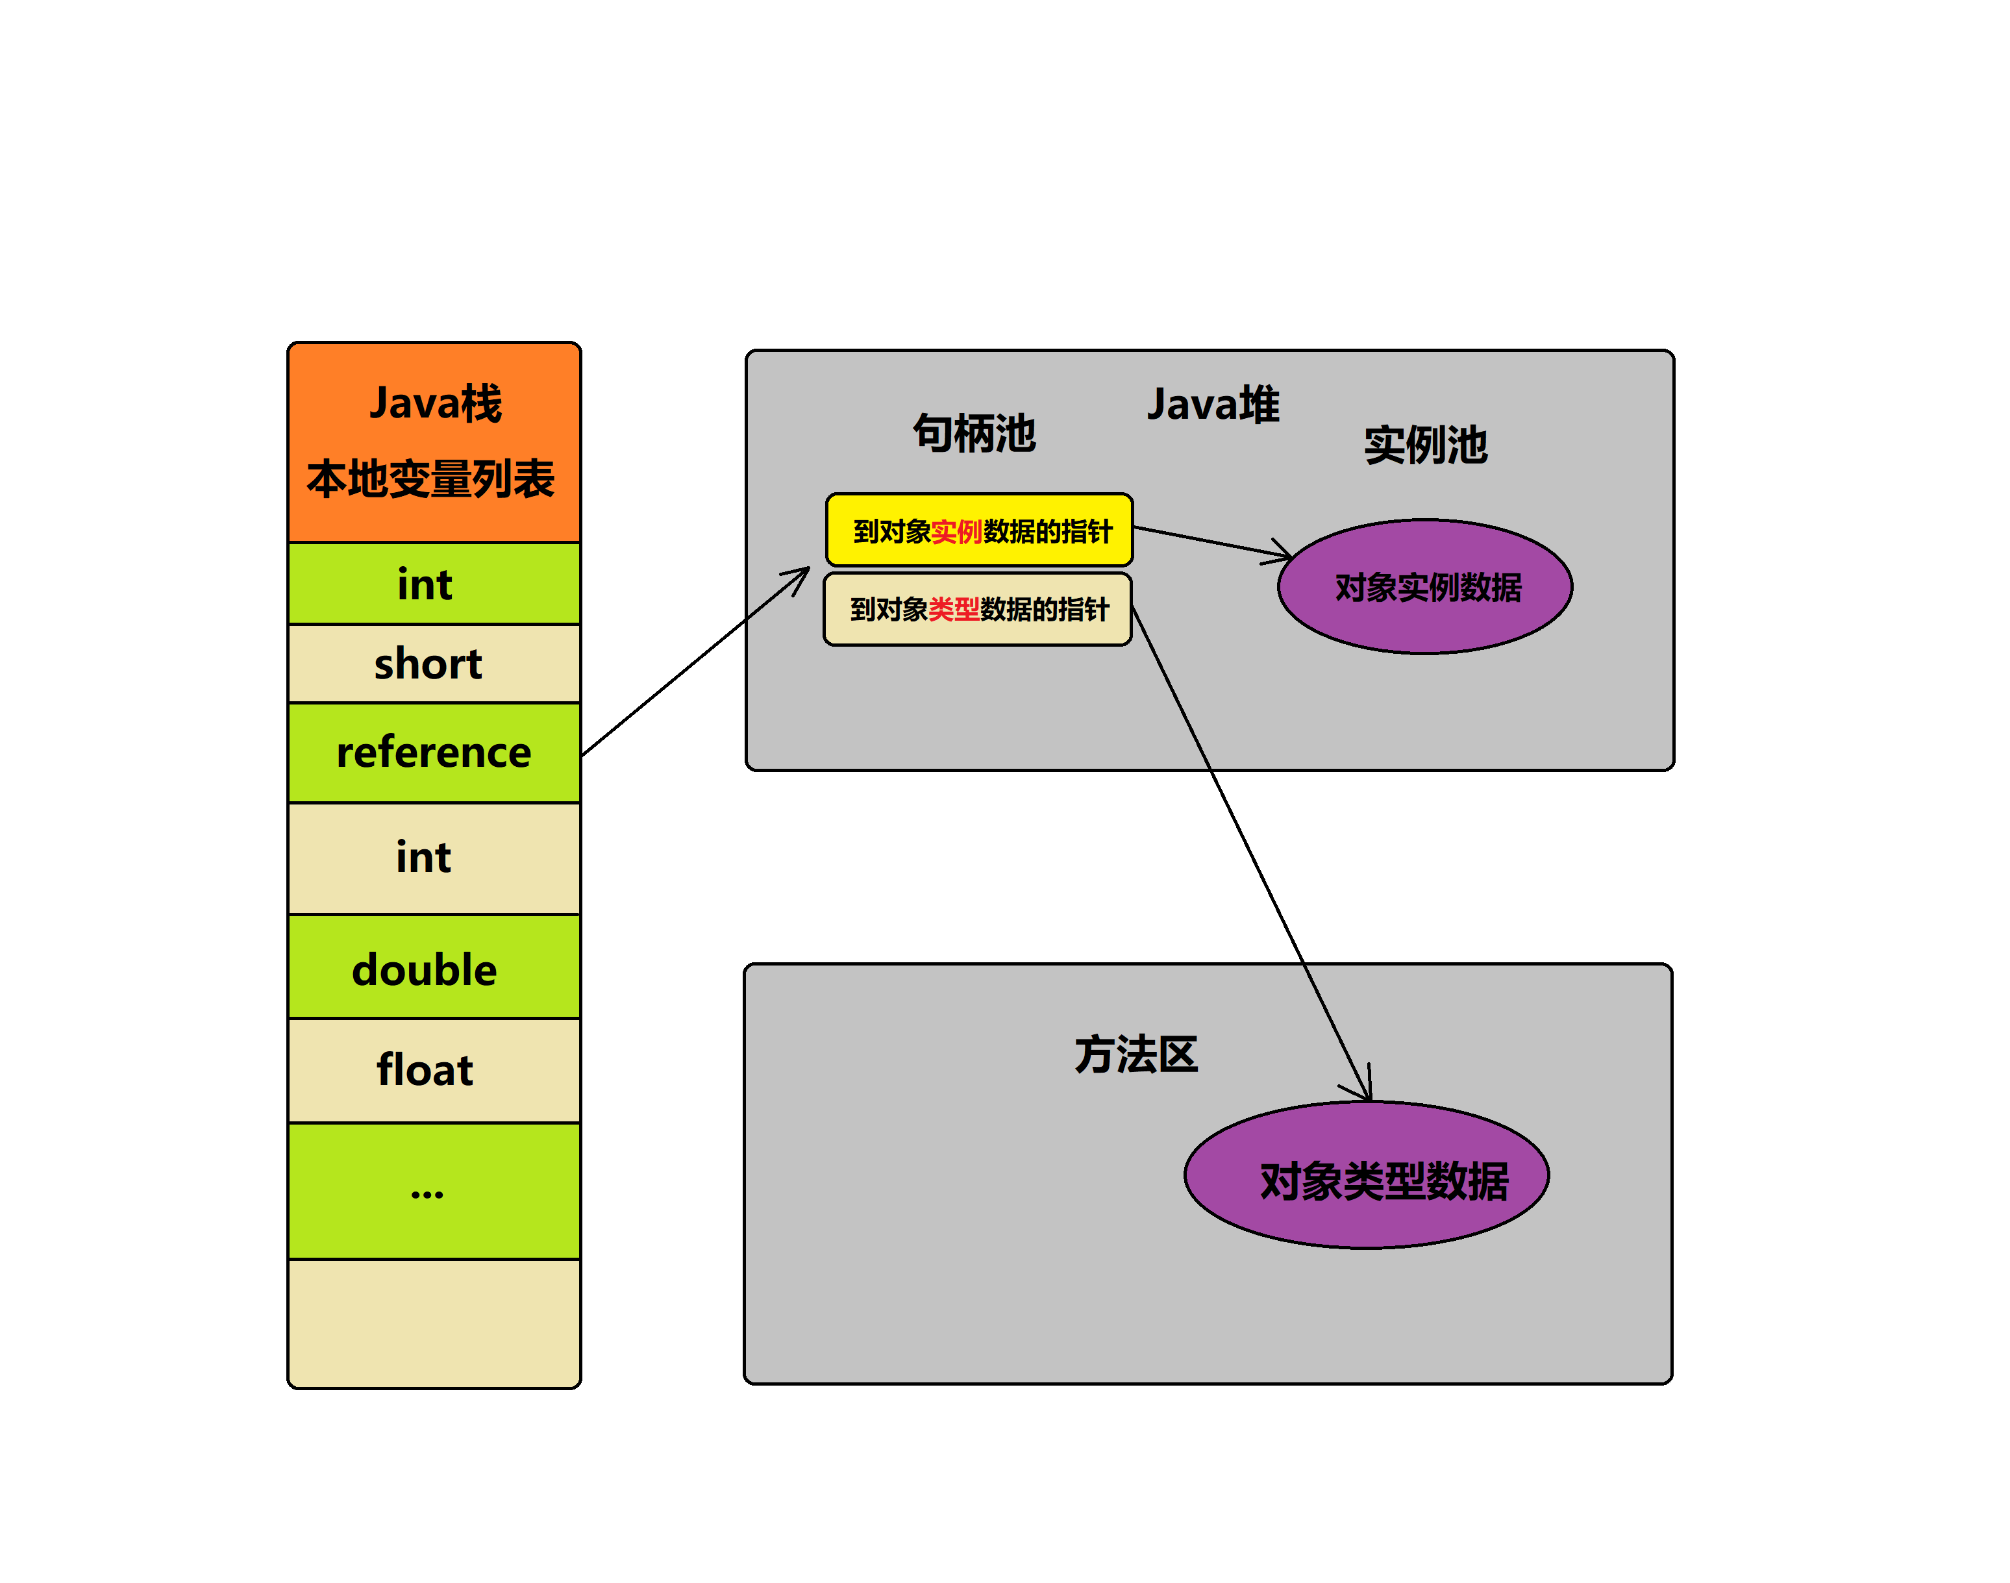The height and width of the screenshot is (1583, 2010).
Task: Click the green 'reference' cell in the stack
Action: [434, 753]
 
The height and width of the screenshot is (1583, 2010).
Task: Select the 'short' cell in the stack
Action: [434, 664]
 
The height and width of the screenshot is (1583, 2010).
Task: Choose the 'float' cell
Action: [434, 1071]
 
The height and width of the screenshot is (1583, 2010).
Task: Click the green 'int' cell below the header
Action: [434, 584]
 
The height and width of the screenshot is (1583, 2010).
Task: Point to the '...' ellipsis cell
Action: [434, 1191]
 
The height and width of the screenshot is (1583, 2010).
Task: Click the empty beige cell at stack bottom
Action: [434, 1323]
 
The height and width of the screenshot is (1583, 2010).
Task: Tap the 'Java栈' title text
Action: [436, 403]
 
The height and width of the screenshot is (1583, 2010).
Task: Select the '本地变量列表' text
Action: [431, 479]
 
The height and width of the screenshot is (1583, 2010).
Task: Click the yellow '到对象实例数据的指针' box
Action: [980, 530]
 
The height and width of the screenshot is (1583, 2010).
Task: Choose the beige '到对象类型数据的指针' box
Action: [978, 609]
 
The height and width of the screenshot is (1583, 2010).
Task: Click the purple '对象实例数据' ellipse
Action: [1425, 587]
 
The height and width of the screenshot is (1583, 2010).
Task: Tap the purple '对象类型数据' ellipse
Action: [1367, 1175]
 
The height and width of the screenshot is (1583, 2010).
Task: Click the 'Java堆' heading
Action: [1213, 404]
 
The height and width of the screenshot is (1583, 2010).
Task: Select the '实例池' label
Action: [1425, 445]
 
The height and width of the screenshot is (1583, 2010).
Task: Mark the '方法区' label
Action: [1136, 1054]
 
